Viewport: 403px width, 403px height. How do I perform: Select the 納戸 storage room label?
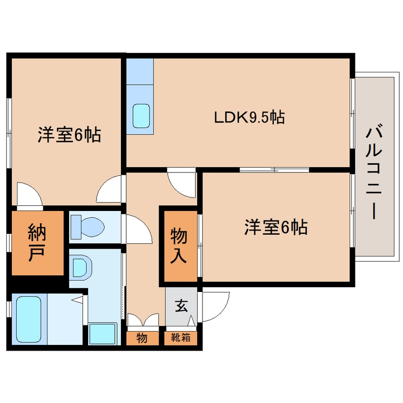tap(38, 242)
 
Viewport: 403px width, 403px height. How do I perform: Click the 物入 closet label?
tap(179, 245)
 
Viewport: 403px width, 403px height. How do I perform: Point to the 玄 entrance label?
tap(181, 305)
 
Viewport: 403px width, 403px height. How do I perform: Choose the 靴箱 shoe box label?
tap(181, 338)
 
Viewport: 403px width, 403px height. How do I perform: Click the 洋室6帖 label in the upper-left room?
tap(69, 136)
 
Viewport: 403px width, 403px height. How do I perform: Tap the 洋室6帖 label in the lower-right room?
tap(275, 228)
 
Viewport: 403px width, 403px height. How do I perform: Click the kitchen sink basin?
tap(141, 116)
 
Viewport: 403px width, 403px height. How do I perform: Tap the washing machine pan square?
tap(102, 333)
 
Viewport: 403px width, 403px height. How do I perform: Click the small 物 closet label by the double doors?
tap(141, 338)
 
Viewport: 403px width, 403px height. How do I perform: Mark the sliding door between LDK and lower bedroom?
tap(274, 170)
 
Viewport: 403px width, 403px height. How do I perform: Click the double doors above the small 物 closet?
tap(142, 320)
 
